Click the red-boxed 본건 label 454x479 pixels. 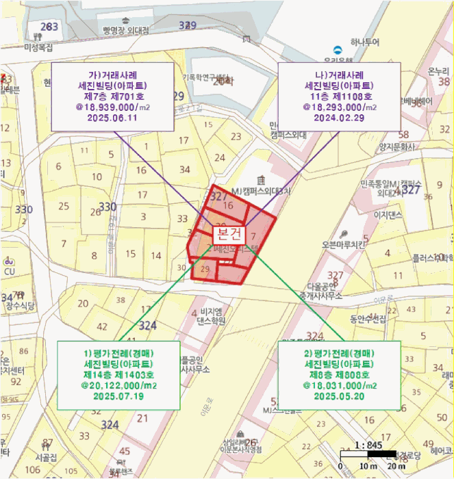(228, 233)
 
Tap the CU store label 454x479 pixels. (10, 271)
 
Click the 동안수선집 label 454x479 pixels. (368, 319)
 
